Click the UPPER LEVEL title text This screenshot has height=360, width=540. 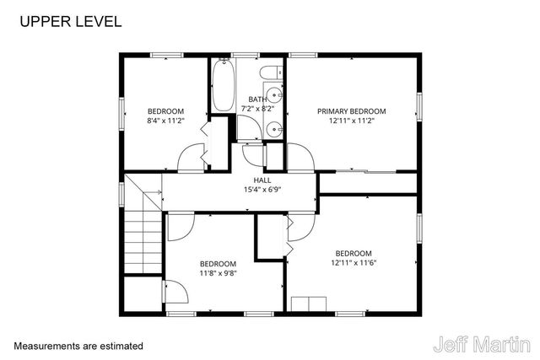(x=70, y=20)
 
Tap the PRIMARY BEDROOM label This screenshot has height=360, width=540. (x=351, y=111)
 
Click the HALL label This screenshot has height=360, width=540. (x=262, y=180)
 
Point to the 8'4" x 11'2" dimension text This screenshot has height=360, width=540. (x=165, y=121)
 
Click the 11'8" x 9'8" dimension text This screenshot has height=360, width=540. (x=218, y=273)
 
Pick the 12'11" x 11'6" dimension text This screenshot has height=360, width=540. (x=353, y=263)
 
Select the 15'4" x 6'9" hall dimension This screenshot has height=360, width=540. (x=262, y=190)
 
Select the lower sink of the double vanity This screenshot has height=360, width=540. (x=275, y=129)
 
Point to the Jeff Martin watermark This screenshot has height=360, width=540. (x=482, y=344)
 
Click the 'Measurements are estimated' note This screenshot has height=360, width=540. (x=78, y=346)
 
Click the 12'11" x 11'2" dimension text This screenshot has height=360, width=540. (x=351, y=121)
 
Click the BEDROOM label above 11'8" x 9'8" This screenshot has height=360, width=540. (x=218, y=264)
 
